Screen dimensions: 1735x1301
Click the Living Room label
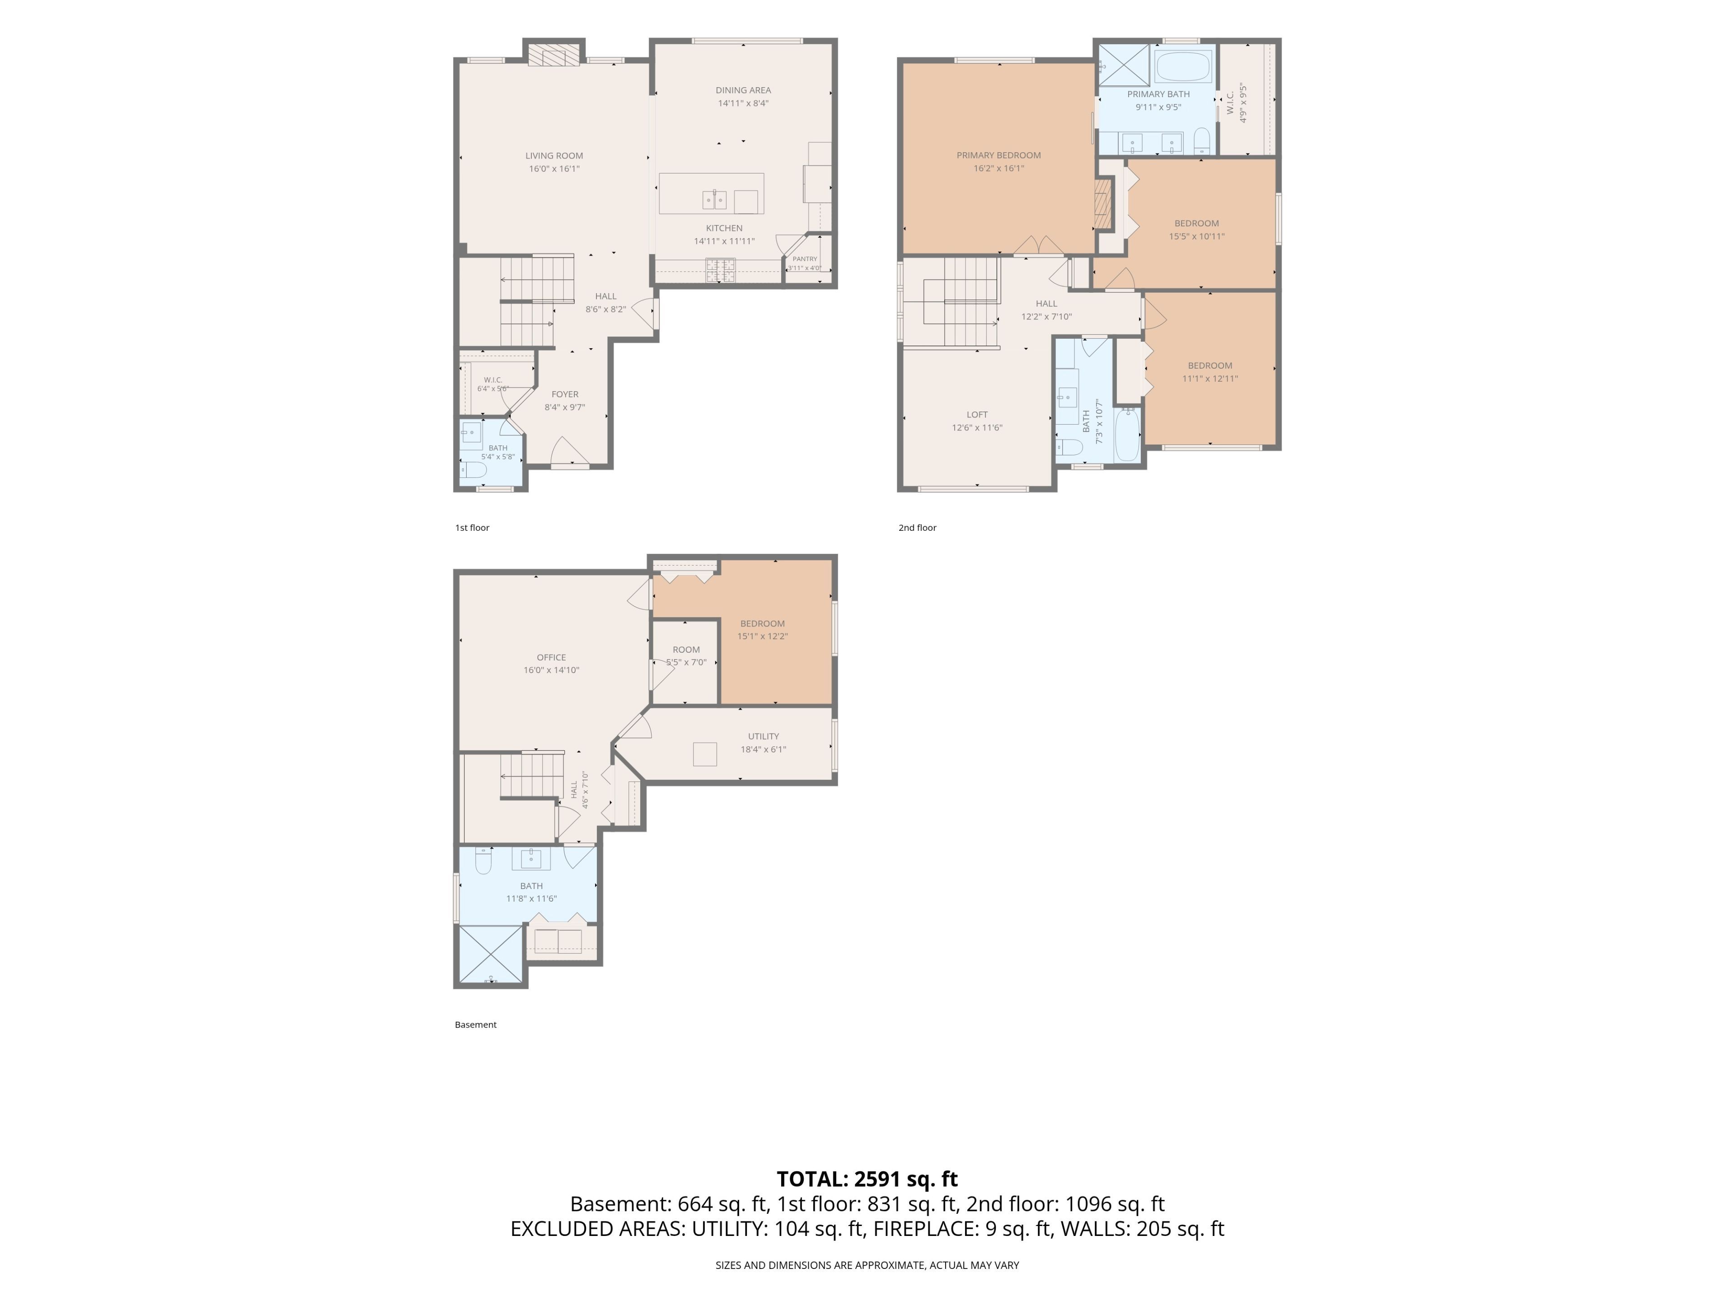pyautogui.click(x=554, y=155)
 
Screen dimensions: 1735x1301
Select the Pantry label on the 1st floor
pyautogui.click(x=805, y=259)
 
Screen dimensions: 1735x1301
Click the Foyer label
pyautogui.click(x=565, y=394)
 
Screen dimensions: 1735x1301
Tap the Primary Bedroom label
pyautogui.click(x=999, y=155)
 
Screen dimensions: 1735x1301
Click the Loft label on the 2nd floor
pyautogui.click(x=977, y=415)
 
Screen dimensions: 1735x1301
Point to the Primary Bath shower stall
pyautogui.click(x=1123, y=64)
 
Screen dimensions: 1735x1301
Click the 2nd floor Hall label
pyautogui.click(x=1046, y=304)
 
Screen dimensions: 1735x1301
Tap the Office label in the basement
pyautogui.click(x=551, y=657)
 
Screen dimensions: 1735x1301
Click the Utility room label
pyautogui.click(x=763, y=736)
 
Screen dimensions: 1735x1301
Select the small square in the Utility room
pyautogui.click(x=704, y=753)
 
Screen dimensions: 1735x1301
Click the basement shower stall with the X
pyautogui.click(x=490, y=954)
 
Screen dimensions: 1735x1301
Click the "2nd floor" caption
pyautogui.click(x=917, y=528)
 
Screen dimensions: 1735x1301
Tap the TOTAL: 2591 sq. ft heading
pyautogui.click(x=867, y=1179)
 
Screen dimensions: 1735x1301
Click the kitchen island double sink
pyautogui.click(x=714, y=200)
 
